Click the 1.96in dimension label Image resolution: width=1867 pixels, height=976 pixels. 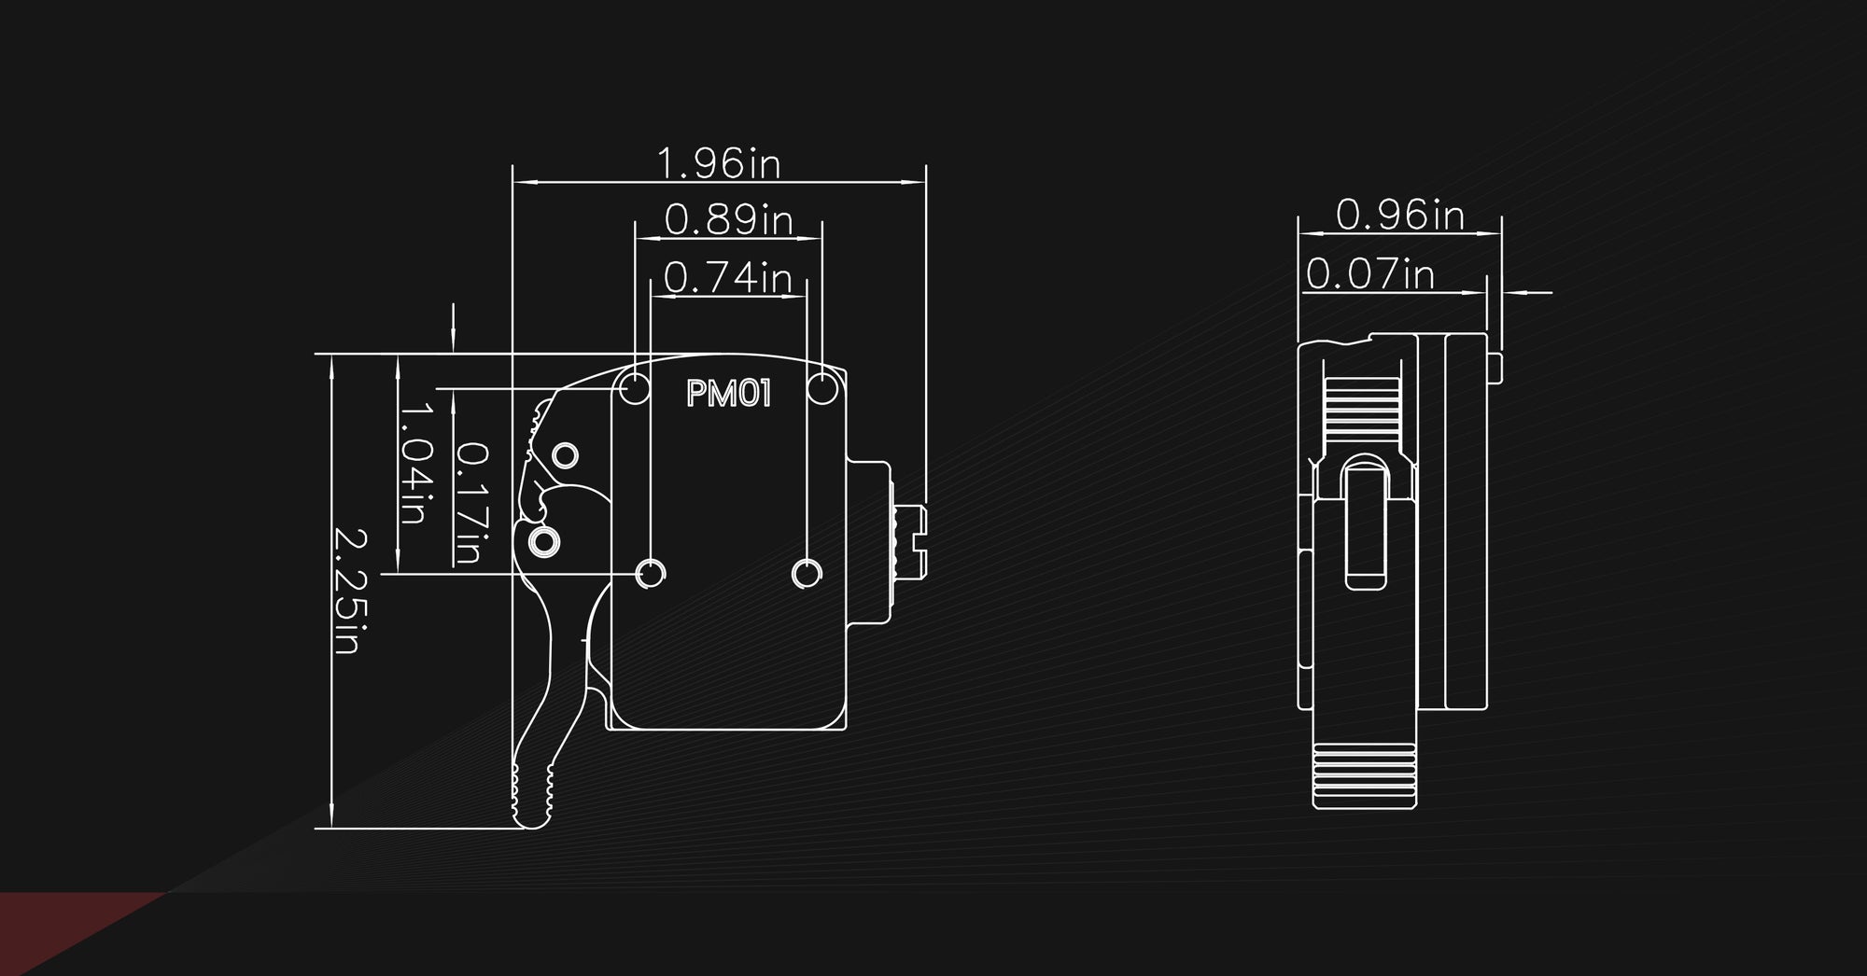tap(719, 163)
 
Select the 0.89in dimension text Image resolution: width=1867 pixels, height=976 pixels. tap(729, 219)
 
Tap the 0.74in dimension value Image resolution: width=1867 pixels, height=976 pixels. tap(728, 277)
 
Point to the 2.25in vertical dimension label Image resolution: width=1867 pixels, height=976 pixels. tap(350, 592)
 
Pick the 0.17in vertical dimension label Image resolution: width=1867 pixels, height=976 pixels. tap(471, 503)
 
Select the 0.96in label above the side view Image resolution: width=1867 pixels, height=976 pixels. tap(1400, 215)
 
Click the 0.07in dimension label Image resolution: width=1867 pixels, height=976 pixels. tap(1369, 274)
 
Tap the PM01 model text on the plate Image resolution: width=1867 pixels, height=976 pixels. tap(729, 394)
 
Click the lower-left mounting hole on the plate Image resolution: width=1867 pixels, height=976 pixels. tap(651, 574)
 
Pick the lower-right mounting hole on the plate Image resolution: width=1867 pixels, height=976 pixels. tap(807, 574)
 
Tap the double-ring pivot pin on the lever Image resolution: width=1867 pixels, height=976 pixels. tap(543, 541)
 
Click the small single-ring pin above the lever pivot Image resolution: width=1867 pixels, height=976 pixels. tap(566, 456)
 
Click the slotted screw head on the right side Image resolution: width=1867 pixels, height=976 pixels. tap(909, 540)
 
